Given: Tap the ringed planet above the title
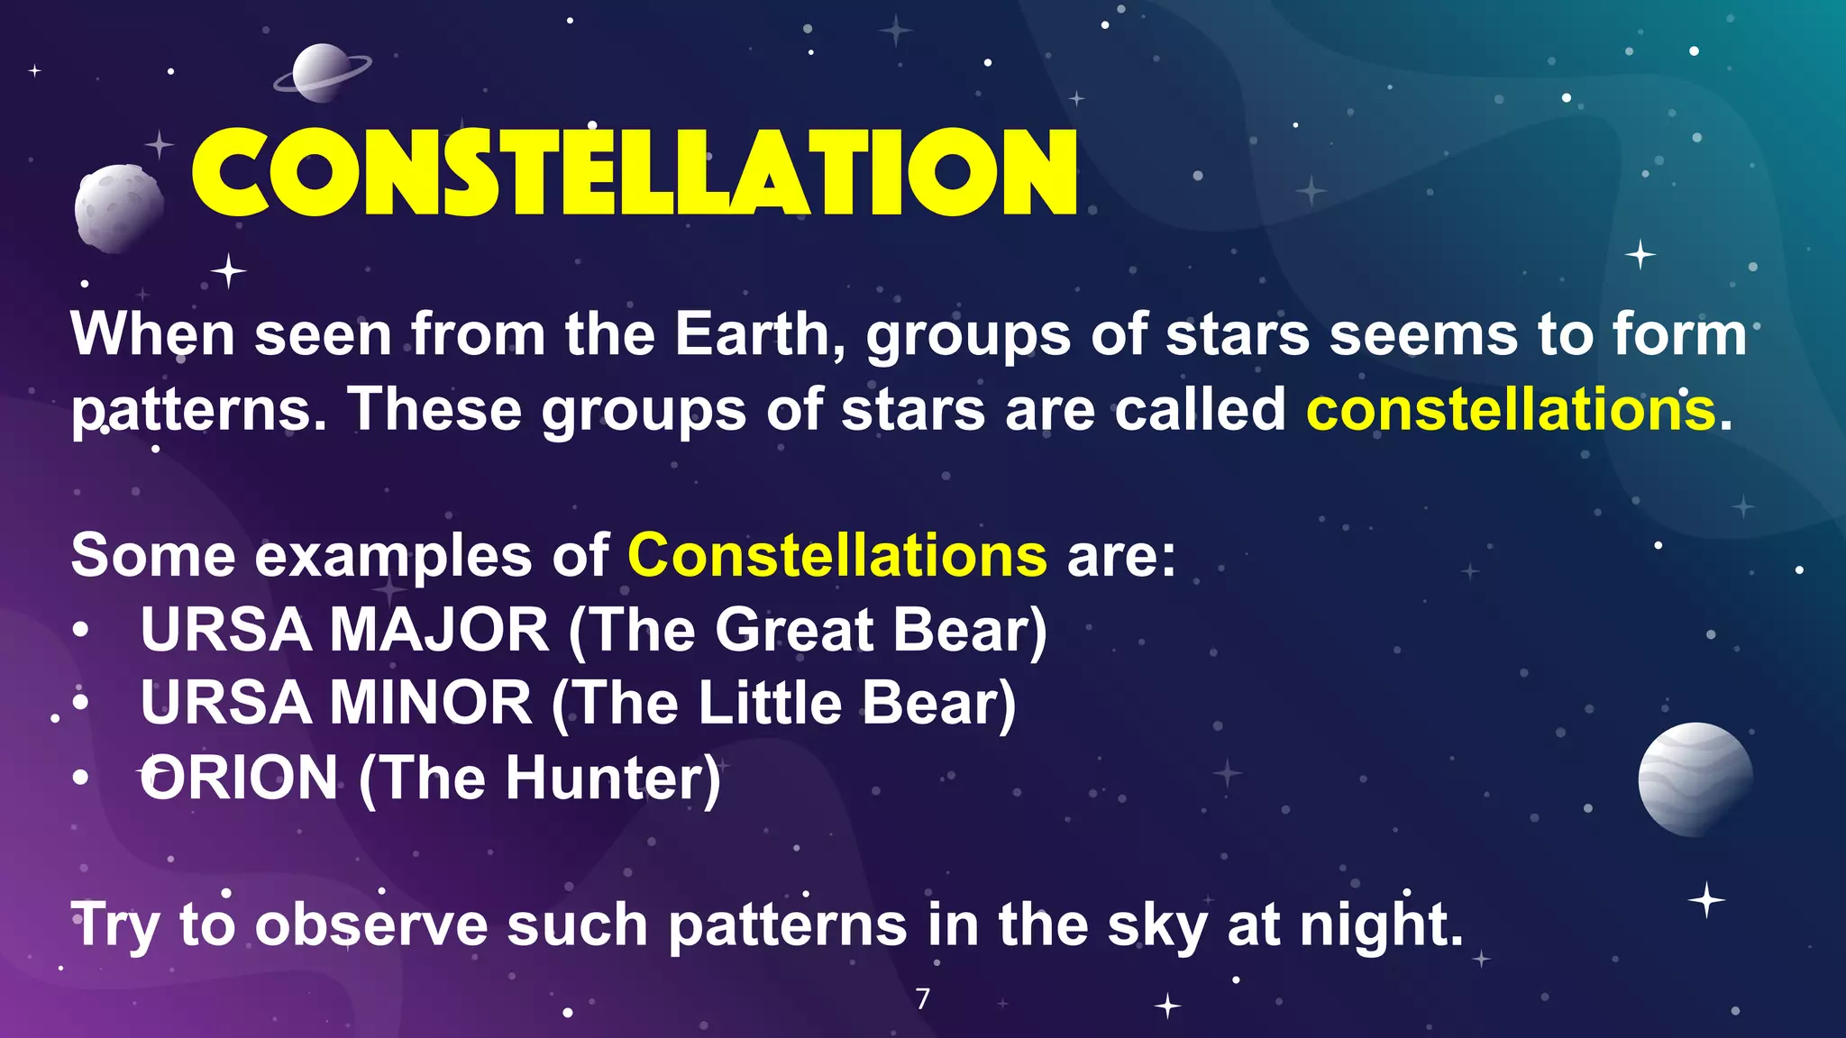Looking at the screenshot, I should pyautogui.click(x=321, y=72).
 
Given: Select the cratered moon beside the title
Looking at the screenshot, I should pyautogui.click(x=117, y=207).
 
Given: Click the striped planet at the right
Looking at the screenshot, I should pyautogui.click(x=1695, y=779).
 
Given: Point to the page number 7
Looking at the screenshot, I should pyautogui.click(x=922, y=998).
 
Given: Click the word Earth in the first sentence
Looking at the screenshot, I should pyautogui.click(x=753, y=334).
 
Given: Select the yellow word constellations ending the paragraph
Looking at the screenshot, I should pyautogui.click(x=1511, y=409).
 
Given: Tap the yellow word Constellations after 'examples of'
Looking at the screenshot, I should pyautogui.click(x=837, y=555).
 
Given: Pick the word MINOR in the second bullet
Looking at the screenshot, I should pyautogui.click(x=431, y=703).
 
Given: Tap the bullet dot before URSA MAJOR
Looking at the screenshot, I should pyautogui.click(x=81, y=631).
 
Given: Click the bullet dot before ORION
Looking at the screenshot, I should pyautogui.click(x=81, y=778).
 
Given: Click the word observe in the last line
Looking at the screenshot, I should pyautogui.click(x=370, y=925).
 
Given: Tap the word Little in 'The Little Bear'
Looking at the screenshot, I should pyautogui.click(x=770, y=703).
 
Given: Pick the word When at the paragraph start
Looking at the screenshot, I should pyautogui.click(x=153, y=334).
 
